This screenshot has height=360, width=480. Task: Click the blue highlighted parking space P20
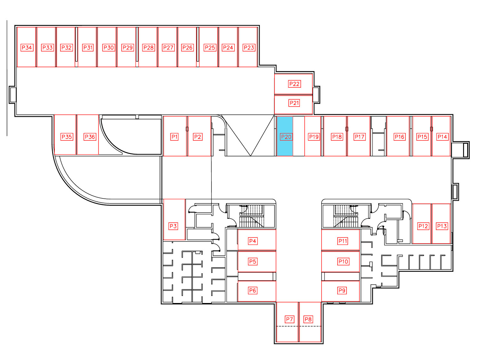pyautogui.click(x=284, y=136)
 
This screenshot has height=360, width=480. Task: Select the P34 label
pyautogui.click(x=27, y=47)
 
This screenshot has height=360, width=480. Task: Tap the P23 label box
pyautogui.click(x=249, y=47)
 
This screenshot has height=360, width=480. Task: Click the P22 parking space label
pyautogui.click(x=294, y=84)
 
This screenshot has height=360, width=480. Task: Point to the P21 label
pyautogui.click(x=294, y=103)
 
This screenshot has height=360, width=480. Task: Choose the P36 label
pyautogui.click(x=90, y=137)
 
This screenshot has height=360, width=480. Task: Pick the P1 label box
pyautogui.click(x=174, y=137)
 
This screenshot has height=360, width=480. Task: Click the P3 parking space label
pyautogui.click(x=173, y=226)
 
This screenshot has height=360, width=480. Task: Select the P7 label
pyautogui.click(x=289, y=319)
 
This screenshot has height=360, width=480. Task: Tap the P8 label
pyautogui.click(x=308, y=319)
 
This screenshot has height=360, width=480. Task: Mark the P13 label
pyautogui.click(x=442, y=226)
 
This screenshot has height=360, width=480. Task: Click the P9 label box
pyautogui.click(x=342, y=290)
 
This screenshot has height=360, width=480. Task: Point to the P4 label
pyautogui.click(x=252, y=241)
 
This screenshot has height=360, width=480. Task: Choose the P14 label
pyautogui.click(x=442, y=137)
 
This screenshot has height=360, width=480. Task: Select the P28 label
pyautogui.click(x=148, y=47)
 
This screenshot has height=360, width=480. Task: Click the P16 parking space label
pyautogui.click(x=399, y=137)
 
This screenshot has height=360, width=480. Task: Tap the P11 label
pyautogui.click(x=343, y=241)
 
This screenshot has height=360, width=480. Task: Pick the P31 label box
pyautogui.click(x=88, y=47)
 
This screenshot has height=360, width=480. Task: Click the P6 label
pyautogui.click(x=252, y=290)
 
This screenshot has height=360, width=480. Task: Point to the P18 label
pyautogui.click(x=337, y=137)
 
